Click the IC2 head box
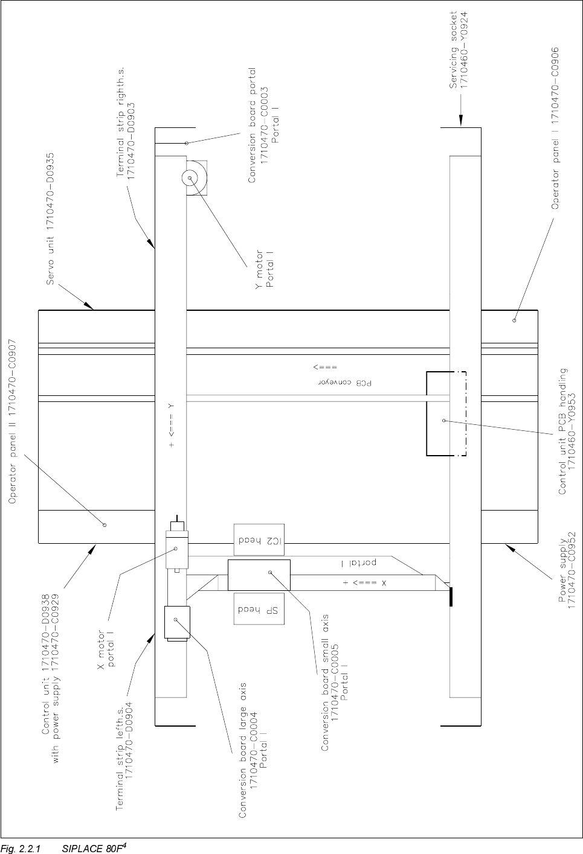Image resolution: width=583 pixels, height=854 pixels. (259, 540)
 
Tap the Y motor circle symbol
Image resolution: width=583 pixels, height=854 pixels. (190, 178)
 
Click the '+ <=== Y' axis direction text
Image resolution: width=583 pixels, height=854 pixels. (172, 425)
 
